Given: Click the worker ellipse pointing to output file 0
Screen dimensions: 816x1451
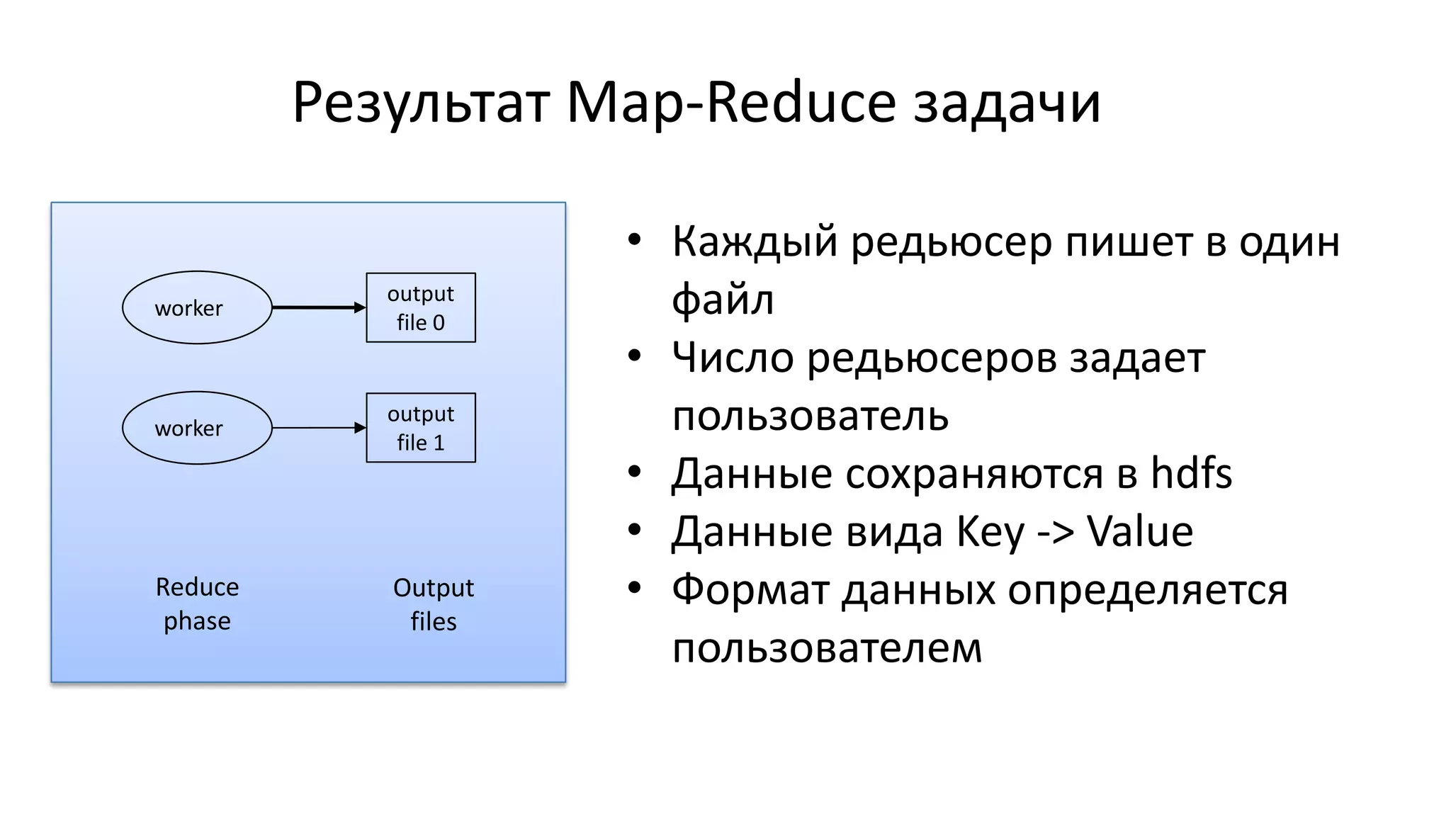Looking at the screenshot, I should (x=197, y=307).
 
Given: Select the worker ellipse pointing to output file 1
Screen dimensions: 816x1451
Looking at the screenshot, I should (x=197, y=428).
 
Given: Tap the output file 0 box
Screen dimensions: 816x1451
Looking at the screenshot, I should (x=421, y=307).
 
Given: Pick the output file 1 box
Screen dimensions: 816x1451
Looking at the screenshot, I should (x=421, y=428).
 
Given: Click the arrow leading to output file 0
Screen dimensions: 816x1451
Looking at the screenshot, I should (x=318, y=307).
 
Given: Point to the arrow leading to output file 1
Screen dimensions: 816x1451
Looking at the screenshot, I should (x=318, y=428).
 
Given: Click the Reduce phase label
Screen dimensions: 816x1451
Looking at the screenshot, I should (x=197, y=603).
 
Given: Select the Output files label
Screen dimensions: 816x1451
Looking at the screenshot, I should (x=434, y=604).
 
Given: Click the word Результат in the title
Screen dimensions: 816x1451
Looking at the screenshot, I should (x=421, y=103).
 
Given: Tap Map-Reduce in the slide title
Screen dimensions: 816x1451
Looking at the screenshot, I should (x=731, y=102).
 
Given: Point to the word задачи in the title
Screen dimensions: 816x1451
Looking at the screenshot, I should (x=1007, y=103).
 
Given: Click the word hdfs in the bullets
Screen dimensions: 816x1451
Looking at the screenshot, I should (x=1191, y=473).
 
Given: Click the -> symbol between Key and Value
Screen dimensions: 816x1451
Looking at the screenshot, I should (x=1056, y=533).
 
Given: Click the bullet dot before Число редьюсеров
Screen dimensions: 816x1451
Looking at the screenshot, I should (x=634, y=355).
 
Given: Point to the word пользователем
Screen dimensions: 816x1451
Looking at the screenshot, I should (x=827, y=647).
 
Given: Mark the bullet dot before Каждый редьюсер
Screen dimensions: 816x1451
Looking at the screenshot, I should (x=634, y=239).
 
